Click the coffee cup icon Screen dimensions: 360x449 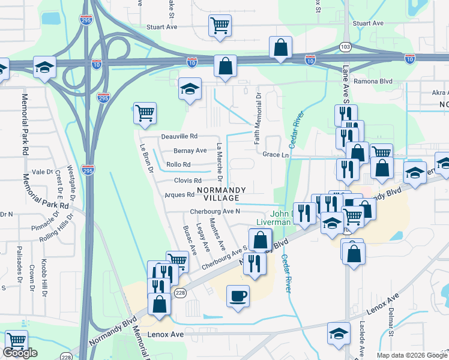(238, 295)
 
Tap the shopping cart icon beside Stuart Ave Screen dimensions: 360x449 (220, 25)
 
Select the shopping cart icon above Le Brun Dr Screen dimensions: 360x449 (145, 112)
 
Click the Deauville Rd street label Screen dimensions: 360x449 (179, 137)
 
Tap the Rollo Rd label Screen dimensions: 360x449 (178, 164)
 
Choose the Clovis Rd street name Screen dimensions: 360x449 (188, 180)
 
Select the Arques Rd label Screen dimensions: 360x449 (179, 194)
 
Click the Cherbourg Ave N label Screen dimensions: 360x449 (215, 211)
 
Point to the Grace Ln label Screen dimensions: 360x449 (276, 154)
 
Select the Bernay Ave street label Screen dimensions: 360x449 (190, 151)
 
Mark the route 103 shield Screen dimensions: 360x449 (345, 46)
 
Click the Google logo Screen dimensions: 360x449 (20, 353)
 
